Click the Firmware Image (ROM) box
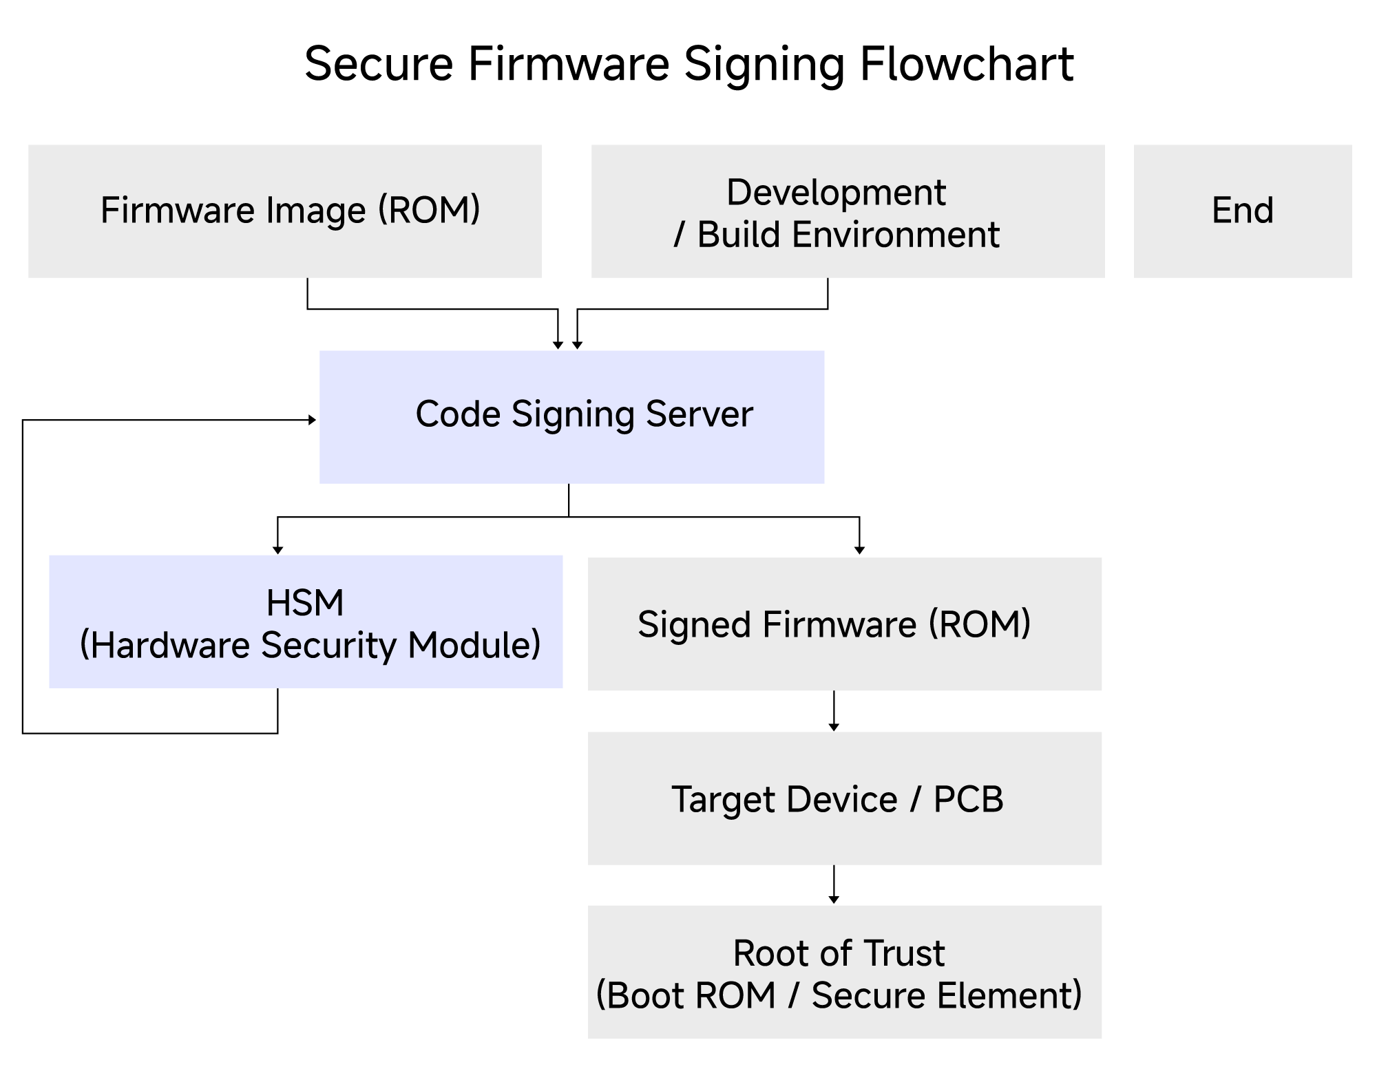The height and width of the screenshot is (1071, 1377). click(284, 211)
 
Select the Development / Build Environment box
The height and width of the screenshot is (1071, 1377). click(848, 211)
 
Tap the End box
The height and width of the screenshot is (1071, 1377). click(1242, 211)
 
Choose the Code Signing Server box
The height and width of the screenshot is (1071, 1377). click(571, 416)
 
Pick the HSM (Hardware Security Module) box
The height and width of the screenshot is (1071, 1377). click(306, 621)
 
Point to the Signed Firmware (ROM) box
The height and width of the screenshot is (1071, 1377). click(845, 624)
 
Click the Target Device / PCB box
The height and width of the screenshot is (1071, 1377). click(845, 798)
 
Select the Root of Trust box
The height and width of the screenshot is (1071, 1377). click(845, 971)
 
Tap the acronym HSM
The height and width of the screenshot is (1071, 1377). click(305, 603)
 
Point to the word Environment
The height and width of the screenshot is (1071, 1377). click(895, 235)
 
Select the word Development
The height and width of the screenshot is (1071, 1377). click(836, 192)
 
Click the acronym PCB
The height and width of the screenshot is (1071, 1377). click(968, 799)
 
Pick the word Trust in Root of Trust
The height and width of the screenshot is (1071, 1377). click(904, 953)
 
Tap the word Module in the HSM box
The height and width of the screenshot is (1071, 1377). click(474, 646)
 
